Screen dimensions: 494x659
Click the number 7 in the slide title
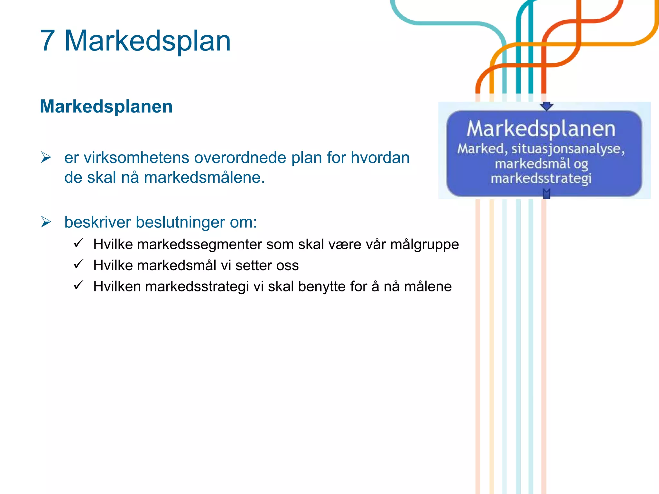47,41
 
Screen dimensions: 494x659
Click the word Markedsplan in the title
148,41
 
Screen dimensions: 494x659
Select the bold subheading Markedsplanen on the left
106,106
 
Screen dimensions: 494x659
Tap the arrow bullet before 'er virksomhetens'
46,157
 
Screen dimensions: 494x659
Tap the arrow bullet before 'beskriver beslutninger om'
46,222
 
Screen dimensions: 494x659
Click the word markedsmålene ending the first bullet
204,178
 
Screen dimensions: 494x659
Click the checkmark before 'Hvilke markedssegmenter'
79,243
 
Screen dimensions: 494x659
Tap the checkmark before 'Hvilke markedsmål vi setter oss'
79,264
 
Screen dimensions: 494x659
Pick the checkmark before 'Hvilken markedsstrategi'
79,285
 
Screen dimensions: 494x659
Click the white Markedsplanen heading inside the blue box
541,129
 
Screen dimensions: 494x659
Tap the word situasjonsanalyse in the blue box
568,149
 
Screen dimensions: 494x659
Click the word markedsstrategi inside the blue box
541,178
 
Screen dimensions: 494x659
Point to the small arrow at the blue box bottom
546,194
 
